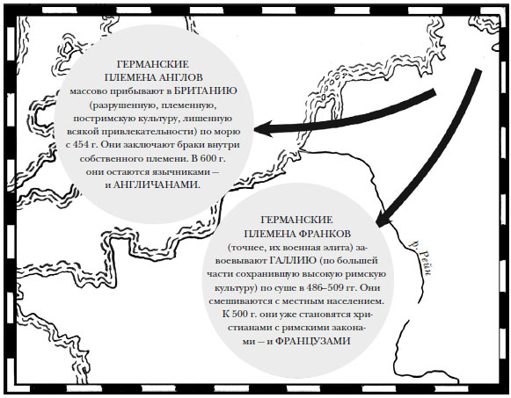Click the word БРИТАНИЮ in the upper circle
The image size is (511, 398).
coord(205,90)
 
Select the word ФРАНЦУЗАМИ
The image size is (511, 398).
coord(313,341)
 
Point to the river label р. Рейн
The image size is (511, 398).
coord(421,258)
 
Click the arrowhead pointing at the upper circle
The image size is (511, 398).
coord(263,129)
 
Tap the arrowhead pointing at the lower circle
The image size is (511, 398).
coord(383,220)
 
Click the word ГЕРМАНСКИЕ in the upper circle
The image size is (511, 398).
coord(153,64)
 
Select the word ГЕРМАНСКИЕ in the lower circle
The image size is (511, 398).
coord(297,220)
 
